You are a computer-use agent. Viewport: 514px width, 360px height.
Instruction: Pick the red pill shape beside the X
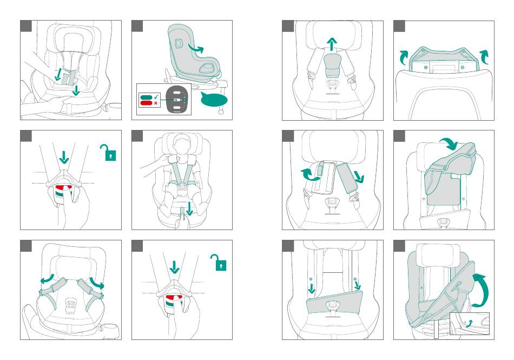(146, 102)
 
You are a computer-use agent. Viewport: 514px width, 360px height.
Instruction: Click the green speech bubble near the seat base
(213, 99)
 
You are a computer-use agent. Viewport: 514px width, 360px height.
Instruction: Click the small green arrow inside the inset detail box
(469, 323)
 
